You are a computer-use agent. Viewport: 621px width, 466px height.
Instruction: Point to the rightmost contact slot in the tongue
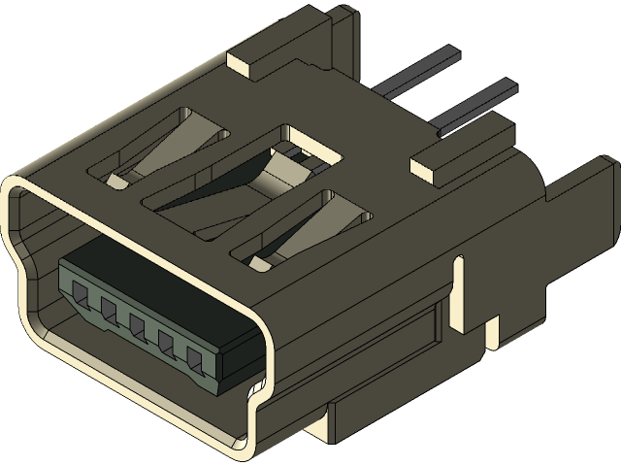(196, 362)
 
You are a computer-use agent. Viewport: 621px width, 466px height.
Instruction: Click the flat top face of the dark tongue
(155, 282)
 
